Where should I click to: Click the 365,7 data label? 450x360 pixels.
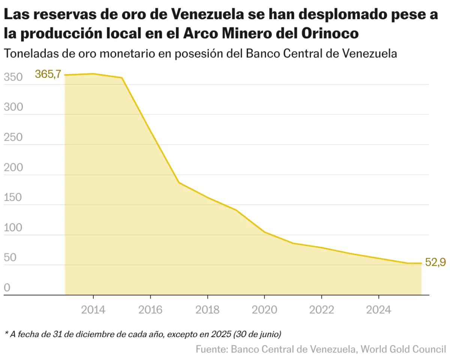coord(48,74)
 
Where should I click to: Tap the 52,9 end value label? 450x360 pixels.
coord(436,262)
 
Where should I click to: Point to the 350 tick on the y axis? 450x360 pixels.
coord(13,77)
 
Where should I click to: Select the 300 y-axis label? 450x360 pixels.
coord(13,107)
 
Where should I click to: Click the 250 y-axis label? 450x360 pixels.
coord(13,137)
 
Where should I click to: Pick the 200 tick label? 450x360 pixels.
coord(13,167)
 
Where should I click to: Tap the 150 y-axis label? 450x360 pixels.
coord(13,197)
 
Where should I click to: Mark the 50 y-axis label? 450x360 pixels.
coord(10,258)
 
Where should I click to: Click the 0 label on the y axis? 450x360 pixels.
coord(7,288)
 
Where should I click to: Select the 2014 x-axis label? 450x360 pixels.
coord(93,310)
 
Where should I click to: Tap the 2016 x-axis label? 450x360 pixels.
coord(150,310)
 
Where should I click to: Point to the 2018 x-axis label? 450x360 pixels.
coord(207,310)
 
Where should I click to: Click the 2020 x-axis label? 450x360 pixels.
coord(264,310)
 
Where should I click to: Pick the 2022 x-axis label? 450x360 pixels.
coord(322,310)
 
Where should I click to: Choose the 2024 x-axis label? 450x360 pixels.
coord(379,310)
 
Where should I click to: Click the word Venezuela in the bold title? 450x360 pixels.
coord(208,14)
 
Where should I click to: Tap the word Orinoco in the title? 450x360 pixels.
coord(330,33)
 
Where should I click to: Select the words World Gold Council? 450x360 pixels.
coord(403,349)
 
